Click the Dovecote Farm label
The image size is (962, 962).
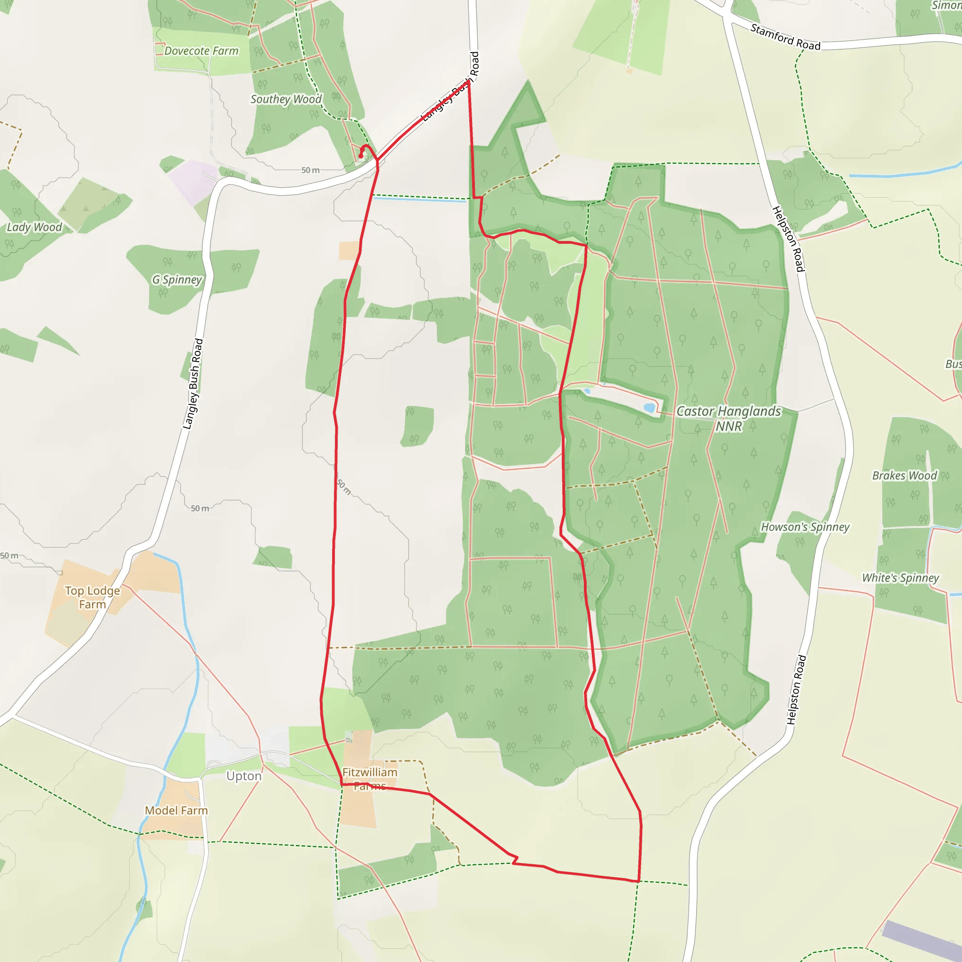coord(201,51)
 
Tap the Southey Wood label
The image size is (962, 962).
coord(286,99)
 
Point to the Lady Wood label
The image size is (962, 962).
coord(34,227)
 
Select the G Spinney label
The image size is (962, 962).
coord(177,280)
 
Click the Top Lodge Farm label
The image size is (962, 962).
coord(93,597)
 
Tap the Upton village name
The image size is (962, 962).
coord(243,776)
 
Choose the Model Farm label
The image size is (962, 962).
coord(176,810)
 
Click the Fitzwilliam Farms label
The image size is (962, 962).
coord(370,779)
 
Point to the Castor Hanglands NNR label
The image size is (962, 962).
coord(729,418)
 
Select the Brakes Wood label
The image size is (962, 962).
coord(904,475)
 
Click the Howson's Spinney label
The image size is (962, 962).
coord(805,527)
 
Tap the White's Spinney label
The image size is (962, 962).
coord(900,578)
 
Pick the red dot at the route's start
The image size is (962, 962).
coord(360,156)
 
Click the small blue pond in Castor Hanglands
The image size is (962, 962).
coord(649,408)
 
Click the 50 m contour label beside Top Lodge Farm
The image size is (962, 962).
coord(9,555)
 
